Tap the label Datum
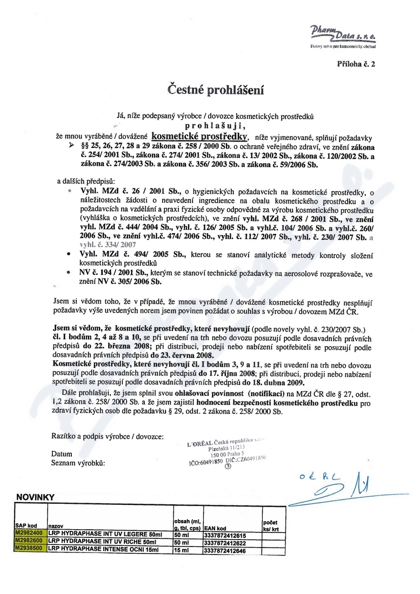coord(61,455)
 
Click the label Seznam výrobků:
coord(77,463)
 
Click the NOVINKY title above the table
coord(35,497)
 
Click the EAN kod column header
coord(215,528)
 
